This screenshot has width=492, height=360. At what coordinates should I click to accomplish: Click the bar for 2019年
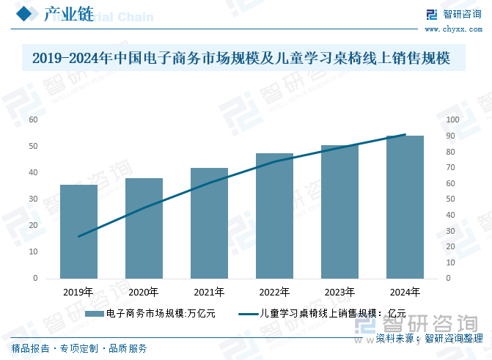tap(78, 232)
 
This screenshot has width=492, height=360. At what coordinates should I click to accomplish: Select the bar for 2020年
tap(144, 228)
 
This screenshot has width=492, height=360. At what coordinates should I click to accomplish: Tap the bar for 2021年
tap(209, 223)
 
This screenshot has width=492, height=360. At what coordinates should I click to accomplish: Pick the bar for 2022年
tap(274, 216)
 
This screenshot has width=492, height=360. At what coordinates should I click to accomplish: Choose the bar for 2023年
tap(339, 212)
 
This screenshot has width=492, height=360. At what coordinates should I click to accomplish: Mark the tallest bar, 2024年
tap(405, 207)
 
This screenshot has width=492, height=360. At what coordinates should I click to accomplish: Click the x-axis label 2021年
tap(209, 292)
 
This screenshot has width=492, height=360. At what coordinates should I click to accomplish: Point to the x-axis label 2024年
tap(405, 292)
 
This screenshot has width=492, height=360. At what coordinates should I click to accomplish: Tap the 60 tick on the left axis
tap(34, 120)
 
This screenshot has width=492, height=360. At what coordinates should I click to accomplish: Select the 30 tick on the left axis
tap(34, 199)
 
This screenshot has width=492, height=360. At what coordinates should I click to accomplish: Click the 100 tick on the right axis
tap(452, 120)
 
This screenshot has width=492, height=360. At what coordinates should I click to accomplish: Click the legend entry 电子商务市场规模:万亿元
tap(150, 313)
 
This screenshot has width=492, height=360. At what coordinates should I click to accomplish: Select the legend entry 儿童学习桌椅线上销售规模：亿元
tap(323, 313)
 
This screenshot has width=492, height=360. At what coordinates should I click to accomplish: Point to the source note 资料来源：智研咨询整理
tap(430, 338)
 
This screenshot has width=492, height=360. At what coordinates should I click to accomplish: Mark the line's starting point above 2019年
tap(78, 236)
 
